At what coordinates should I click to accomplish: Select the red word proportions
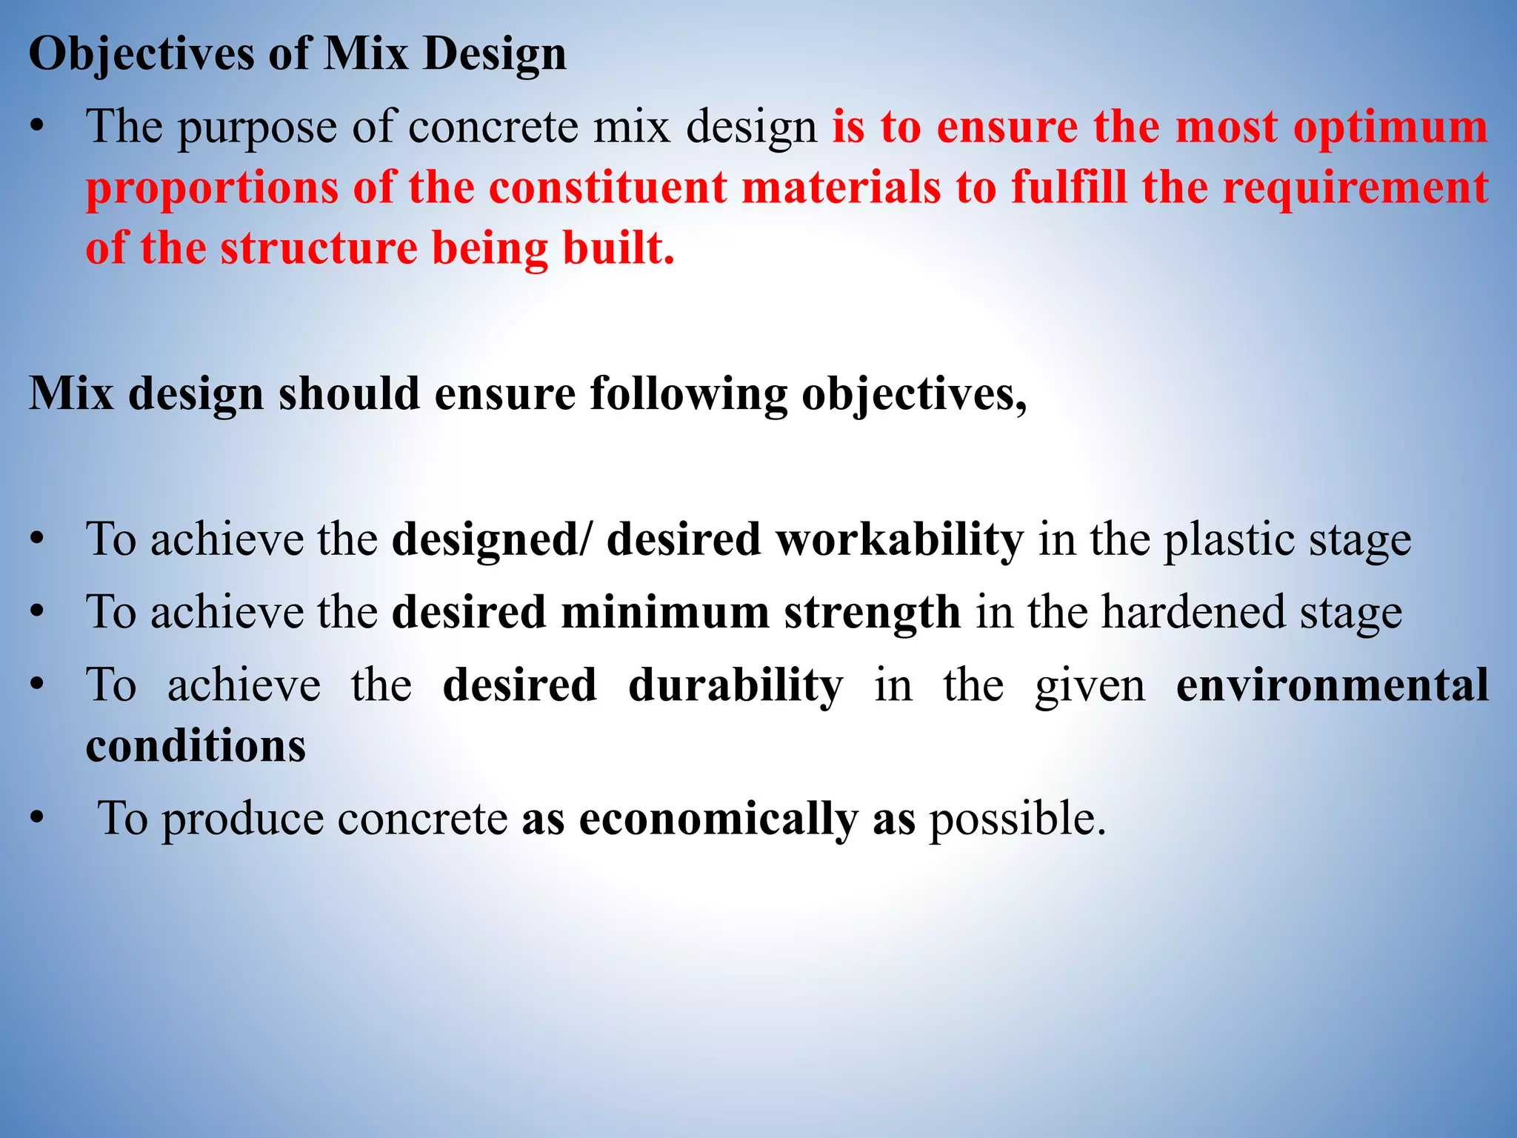tap(211, 189)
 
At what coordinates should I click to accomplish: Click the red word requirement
tap(1355, 187)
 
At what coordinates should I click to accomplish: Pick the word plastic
tap(1228, 539)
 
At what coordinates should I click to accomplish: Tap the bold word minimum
tap(665, 613)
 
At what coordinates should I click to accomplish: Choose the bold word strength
tap(872, 613)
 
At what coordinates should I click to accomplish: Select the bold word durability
tap(735, 685)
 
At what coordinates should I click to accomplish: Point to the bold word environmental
tap(1332, 685)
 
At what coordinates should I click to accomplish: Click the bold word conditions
tap(196, 746)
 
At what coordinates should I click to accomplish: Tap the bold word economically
tap(718, 819)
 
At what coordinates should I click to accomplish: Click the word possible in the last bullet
tap(1017, 819)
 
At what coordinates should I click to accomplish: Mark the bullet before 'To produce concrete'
tap(38, 819)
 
